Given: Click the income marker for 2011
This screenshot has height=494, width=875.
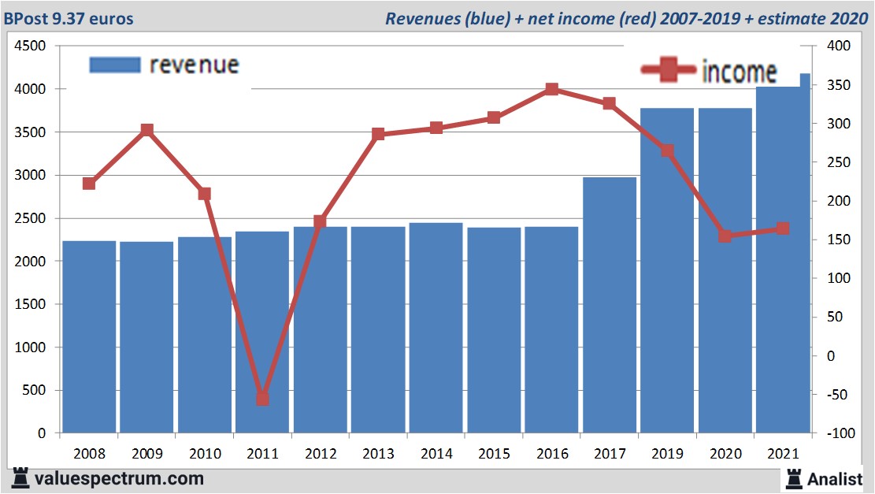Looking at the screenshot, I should tap(262, 399).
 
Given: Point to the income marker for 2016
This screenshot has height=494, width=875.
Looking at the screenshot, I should tap(552, 90).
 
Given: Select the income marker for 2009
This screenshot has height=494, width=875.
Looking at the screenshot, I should tap(146, 130).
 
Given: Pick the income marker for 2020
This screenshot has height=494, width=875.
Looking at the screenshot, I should tap(725, 236).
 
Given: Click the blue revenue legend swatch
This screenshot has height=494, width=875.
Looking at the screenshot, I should tap(115, 65).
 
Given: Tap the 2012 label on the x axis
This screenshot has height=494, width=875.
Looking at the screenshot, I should tap(320, 454).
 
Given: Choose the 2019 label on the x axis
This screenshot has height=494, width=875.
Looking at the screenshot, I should tap(667, 454).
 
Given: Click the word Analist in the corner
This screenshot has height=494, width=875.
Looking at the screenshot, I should tap(835, 478).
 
